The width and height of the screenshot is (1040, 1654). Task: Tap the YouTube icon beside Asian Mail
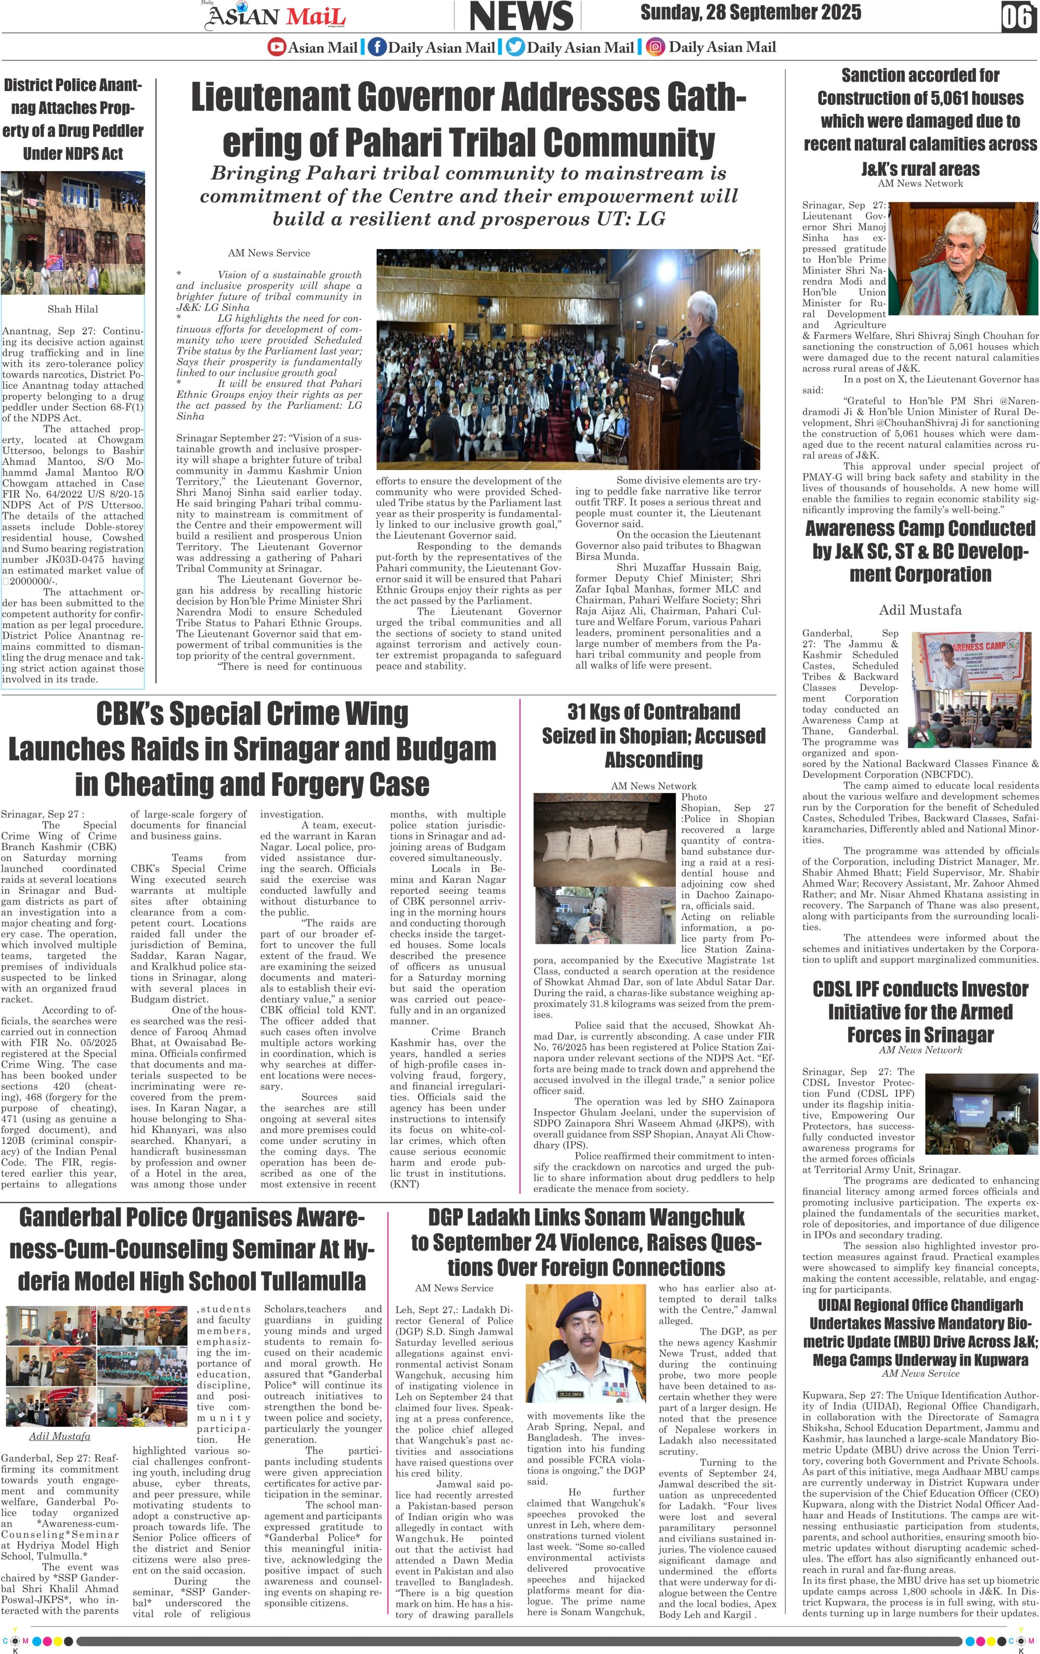click(276, 47)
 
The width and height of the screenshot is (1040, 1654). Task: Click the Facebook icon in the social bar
click(376, 47)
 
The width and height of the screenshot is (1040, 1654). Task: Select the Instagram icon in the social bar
click(656, 47)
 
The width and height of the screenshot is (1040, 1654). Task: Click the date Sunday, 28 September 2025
click(750, 12)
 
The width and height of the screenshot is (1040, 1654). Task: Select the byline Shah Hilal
click(72, 309)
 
